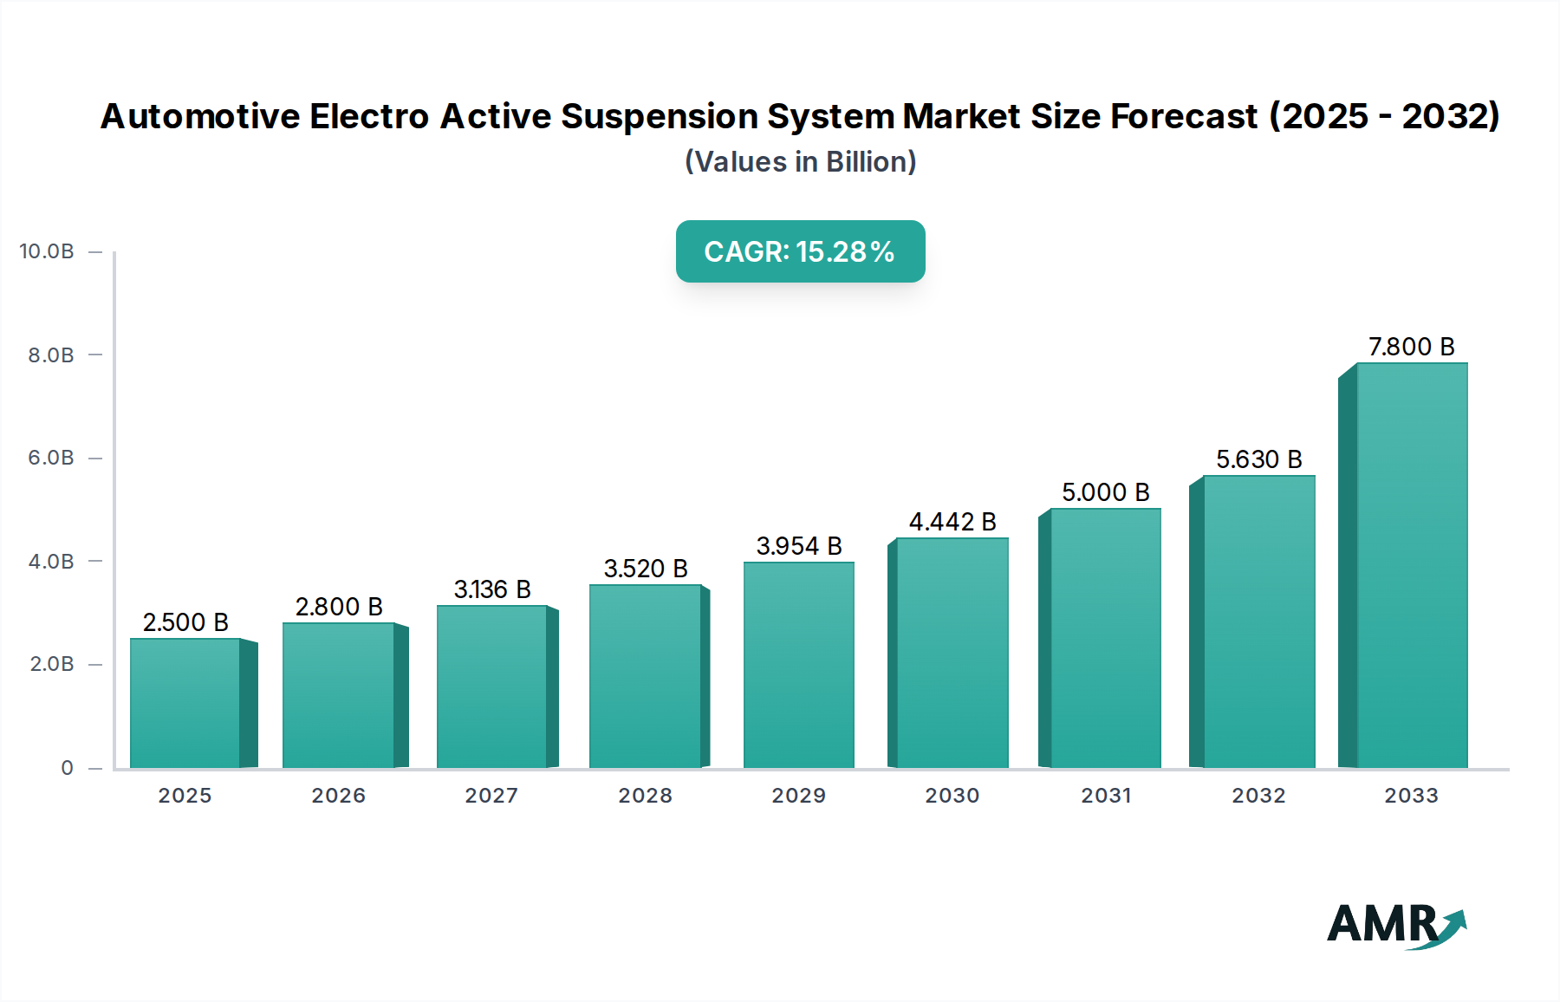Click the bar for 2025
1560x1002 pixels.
(x=185, y=703)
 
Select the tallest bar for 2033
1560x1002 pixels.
(x=1412, y=565)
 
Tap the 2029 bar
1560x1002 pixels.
(x=799, y=665)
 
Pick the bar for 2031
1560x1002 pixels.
(x=1105, y=638)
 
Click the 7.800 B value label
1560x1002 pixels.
(x=1411, y=347)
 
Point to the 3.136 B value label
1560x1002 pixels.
(x=492, y=589)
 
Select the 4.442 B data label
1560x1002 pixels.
(x=952, y=522)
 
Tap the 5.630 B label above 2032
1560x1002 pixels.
(x=1258, y=459)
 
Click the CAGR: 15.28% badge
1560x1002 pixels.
(x=800, y=251)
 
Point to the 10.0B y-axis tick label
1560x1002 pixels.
(x=47, y=251)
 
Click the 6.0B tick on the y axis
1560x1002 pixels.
(x=51, y=458)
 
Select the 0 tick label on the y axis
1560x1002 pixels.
(x=67, y=768)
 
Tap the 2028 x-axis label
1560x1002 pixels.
(x=645, y=796)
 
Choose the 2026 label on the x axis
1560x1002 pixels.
(x=338, y=796)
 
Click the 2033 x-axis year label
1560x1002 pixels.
(x=1411, y=796)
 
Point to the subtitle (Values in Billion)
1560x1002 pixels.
(x=800, y=162)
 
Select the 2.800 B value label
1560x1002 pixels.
(x=339, y=607)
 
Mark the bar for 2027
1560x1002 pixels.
(x=492, y=686)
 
